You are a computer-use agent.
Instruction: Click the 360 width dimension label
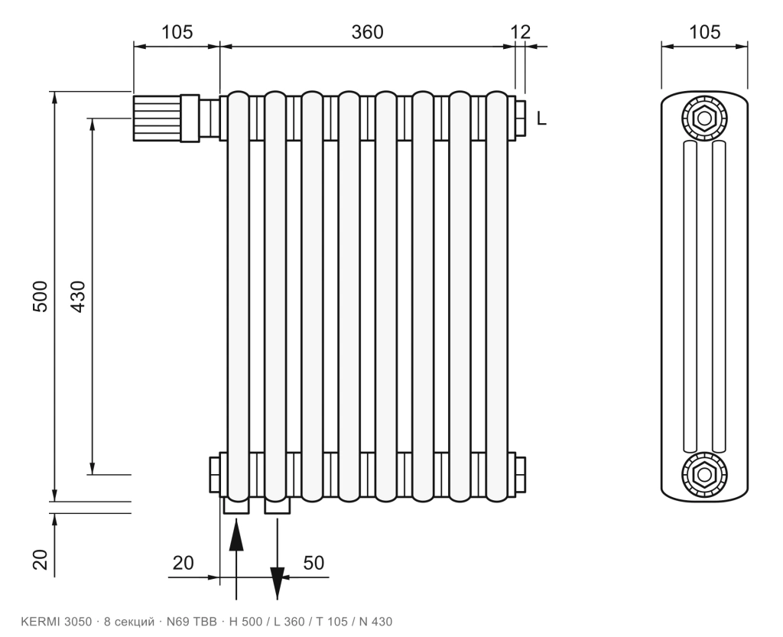[x=368, y=32]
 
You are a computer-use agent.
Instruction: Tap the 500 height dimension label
[x=40, y=297]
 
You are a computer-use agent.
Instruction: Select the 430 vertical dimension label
[x=78, y=297]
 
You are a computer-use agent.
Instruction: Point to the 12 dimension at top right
[x=520, y=32]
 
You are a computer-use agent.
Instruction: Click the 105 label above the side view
[x=704, y=32]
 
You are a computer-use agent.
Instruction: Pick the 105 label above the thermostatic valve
[x=177, y=32]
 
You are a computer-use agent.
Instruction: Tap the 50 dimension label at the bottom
[x=314, y=563]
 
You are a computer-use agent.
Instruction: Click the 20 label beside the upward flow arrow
[x=184, y=563]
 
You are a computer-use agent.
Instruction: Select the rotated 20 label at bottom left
[x=40, y=560]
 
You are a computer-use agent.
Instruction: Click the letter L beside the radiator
[x=542, y=119]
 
